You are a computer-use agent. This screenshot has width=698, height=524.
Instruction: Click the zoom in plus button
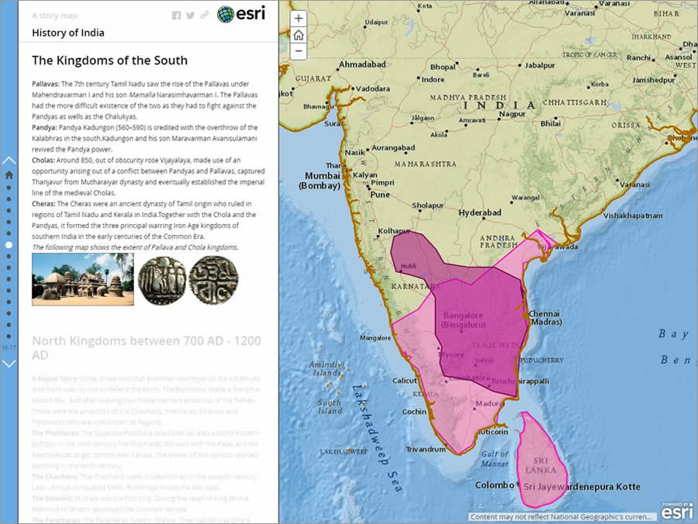(299, 19)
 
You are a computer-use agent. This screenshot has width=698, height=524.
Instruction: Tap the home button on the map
(299, 36)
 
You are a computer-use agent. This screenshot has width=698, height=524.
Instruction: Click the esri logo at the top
(241, 14)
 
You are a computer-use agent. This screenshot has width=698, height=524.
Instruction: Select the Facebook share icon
(176, 16)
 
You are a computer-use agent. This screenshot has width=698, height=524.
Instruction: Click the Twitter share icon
(190, 16)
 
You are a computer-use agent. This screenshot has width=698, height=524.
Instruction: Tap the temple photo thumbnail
(82, 279)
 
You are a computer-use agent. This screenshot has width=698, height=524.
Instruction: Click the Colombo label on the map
(494, 485)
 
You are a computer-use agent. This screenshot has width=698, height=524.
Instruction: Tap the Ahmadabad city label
(362, 64)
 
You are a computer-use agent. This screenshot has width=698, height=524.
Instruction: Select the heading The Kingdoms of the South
(109, 60)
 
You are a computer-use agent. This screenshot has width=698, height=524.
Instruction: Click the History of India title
(68, 33)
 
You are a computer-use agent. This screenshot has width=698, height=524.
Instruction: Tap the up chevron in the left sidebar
(9, 160)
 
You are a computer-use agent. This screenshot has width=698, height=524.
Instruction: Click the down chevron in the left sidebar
(9, 363)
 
